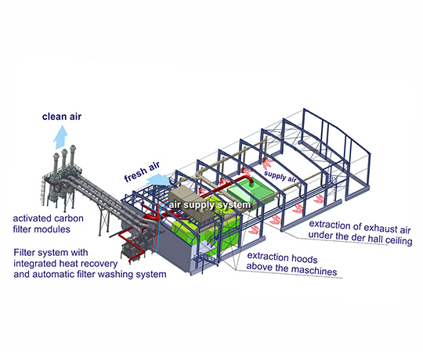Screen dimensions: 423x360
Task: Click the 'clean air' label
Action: point(62,117)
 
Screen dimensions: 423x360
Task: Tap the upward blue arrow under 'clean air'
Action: point(60,137)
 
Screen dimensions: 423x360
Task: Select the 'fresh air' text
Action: point(142,171)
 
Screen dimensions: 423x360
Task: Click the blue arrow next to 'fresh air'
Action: point(160,179)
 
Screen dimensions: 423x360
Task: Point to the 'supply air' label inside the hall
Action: point(280,177)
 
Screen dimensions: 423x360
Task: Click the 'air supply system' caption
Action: point(210,205)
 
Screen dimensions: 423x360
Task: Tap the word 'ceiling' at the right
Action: point(399,240)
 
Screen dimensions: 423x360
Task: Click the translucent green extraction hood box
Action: point(251,192)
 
